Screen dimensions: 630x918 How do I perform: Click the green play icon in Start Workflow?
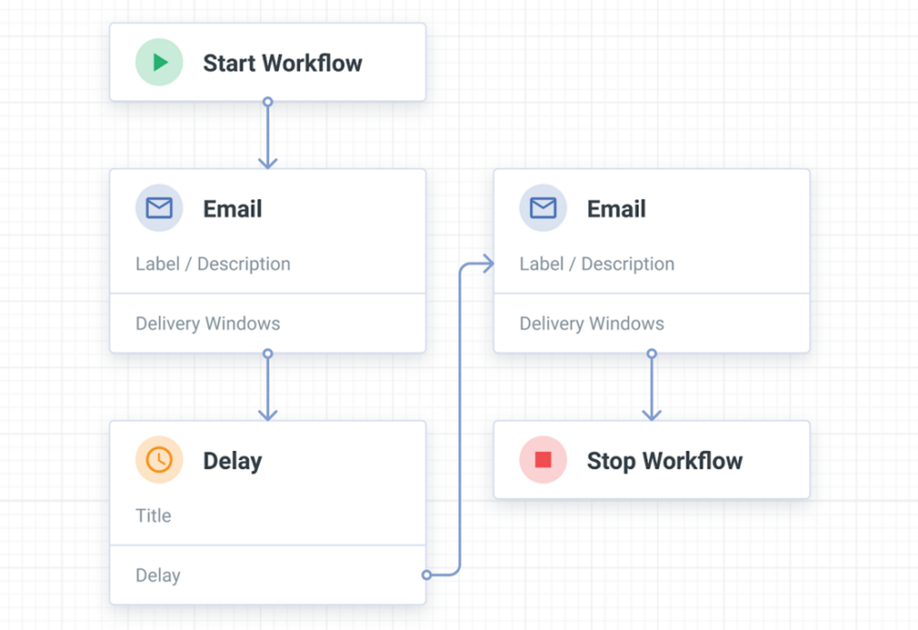tap(160, 62)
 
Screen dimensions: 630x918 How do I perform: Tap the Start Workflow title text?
tap(282, 63)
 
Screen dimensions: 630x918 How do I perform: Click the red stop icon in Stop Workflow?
tap(543, 460)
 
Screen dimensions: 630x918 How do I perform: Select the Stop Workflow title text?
tap(665, 461)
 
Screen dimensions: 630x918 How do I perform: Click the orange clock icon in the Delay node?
tap(160, 460)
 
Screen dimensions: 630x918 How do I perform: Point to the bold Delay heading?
tap(232, 461)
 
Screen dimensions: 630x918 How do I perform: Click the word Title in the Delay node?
tap(153, 515)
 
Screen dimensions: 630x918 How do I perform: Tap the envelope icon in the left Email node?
tap(160, 208)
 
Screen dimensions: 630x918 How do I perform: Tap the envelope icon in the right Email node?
tap(543, 208)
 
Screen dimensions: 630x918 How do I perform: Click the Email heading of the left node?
tap(232, 209)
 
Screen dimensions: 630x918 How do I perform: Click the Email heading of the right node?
tap(616, 209)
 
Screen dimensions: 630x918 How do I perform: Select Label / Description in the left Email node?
tap(213, 264)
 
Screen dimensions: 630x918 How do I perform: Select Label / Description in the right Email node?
tap(597, 264)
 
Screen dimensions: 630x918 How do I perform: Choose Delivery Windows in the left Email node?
tap(208, 323)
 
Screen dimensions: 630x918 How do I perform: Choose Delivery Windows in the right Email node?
tap(592, 323)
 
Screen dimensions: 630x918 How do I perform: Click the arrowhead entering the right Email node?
tap(487, 264)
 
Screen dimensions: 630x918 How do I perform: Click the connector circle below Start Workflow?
tap(268, 102)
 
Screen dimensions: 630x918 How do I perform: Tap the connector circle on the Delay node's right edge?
tap(427, 575)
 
